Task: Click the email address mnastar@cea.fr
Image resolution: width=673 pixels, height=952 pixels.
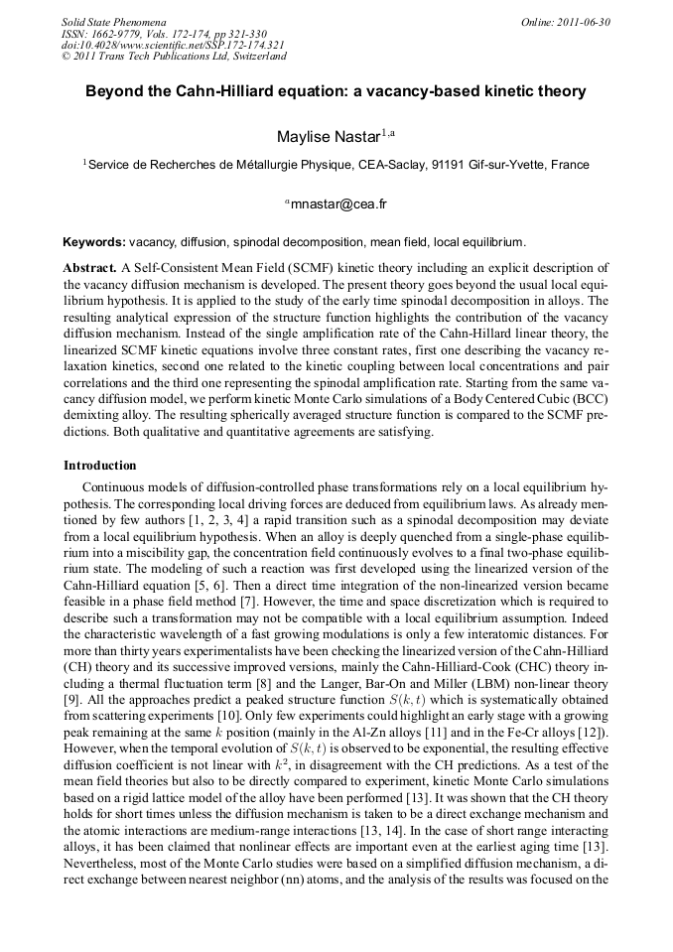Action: pos(338,204)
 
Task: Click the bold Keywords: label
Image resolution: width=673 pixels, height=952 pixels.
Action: pos(94,241)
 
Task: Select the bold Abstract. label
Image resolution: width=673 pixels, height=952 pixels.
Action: pos(89,268)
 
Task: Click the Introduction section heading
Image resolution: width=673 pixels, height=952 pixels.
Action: pos(99,465)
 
